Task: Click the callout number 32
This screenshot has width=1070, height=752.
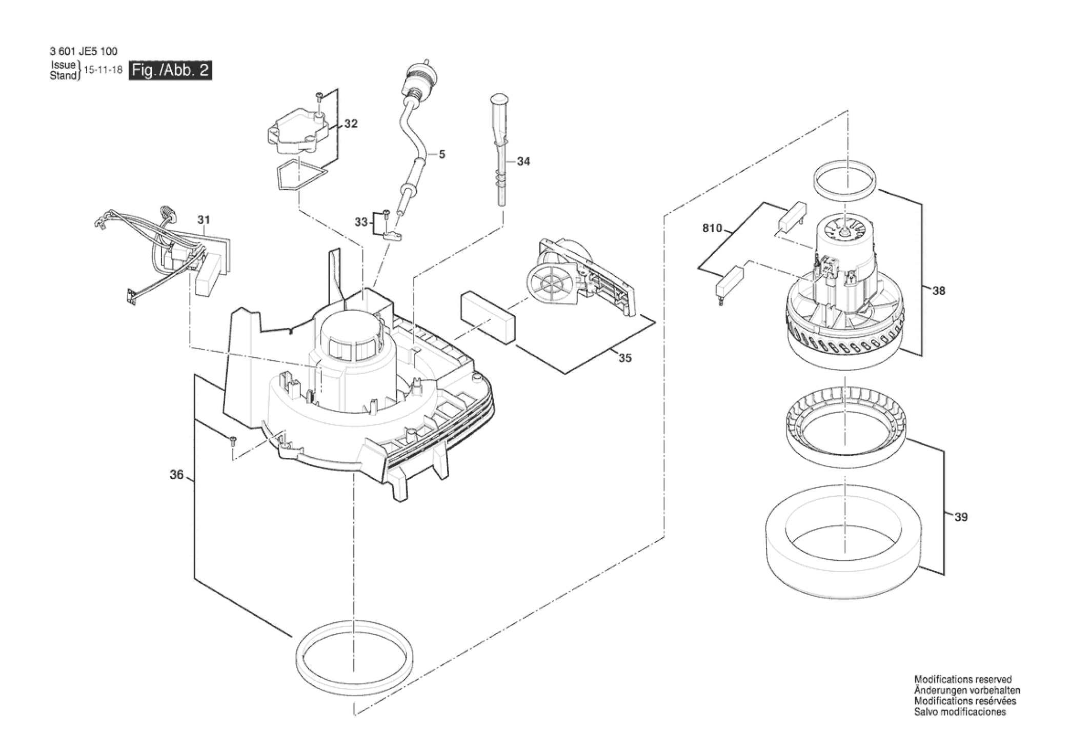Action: (x=351, y=124)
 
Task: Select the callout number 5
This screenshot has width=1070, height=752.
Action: (x=441, y=154)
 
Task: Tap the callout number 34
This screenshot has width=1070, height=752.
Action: (x=523, y=161)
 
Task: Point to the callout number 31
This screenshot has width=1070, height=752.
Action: (x=204, y=220)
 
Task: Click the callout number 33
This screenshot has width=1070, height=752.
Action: (x=361, y=222)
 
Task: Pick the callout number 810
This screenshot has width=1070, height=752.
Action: (x=712, y=228)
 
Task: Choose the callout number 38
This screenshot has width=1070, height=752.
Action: (x=938, y=291)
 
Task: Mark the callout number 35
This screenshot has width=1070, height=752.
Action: (x=624, y=358)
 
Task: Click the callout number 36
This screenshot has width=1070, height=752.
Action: (x=176, y=475)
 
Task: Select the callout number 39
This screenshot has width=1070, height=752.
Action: (x=961, y=517)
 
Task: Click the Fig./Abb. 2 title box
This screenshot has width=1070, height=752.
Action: (x=170, y=70)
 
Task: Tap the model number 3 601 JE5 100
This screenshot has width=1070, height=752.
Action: (x=84, y=51)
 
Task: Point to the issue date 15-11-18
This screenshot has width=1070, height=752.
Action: (x=103, y=70)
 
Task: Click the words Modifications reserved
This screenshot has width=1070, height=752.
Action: (x=963, y=680)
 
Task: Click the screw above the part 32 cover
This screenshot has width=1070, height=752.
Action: (x=318, y=96)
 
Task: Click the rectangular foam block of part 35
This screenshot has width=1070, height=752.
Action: (x=488, y=318)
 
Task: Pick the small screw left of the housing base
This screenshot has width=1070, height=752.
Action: (x=233, y=439)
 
